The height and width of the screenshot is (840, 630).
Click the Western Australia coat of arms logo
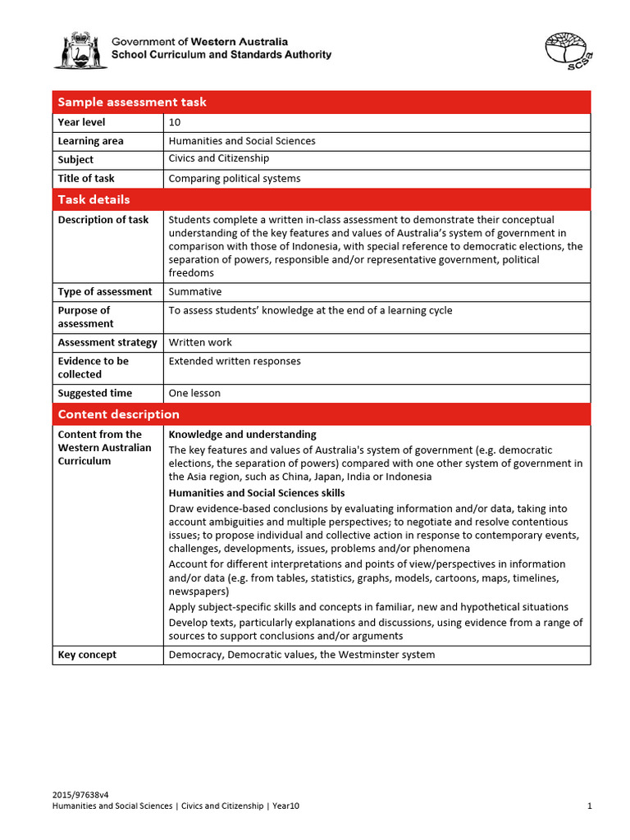pyautogui.click(x=80, y=50)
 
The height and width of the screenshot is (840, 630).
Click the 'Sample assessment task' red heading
pyautogui.click(x=132, y=102)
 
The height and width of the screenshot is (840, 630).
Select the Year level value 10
pyautogui.click(x=175, y=122)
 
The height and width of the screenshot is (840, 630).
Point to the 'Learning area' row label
pyautogui.click(x=90, y=141)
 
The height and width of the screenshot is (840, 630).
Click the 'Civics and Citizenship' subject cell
pyautogui.click(x=218, y=158)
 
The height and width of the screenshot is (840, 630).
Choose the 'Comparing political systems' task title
pyautogui.click(x=235, y=178)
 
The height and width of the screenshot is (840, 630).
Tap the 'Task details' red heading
pyautogui.click(x=94, y=199)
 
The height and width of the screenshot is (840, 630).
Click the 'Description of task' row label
pyautogui.click(x=103, y=220)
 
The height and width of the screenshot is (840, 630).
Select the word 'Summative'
pyautogui.click(x=194, y=291)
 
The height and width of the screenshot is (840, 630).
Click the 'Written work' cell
pyautogui.click(x=200, y=342)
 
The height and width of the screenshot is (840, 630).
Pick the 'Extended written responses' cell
pyautogui.click(x=235, y=361)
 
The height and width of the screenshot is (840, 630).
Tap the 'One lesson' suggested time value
pyautogui.click(x=194, y=393)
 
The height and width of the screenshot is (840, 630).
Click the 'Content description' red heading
pyautogui.click(x=118, y=414)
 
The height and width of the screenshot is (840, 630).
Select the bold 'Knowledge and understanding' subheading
pyautogui.click(x=242, y=434)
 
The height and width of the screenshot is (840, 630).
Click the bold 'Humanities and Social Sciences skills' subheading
pyautogui.click(x=256, y=493)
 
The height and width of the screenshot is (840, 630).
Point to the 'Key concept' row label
pyautogui.click(x=87, y=655)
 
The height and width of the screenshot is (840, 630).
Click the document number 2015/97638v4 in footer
pyautogui.click(x=80, y=795)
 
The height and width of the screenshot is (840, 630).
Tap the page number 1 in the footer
pyautogui.click(x=589, y=806)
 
